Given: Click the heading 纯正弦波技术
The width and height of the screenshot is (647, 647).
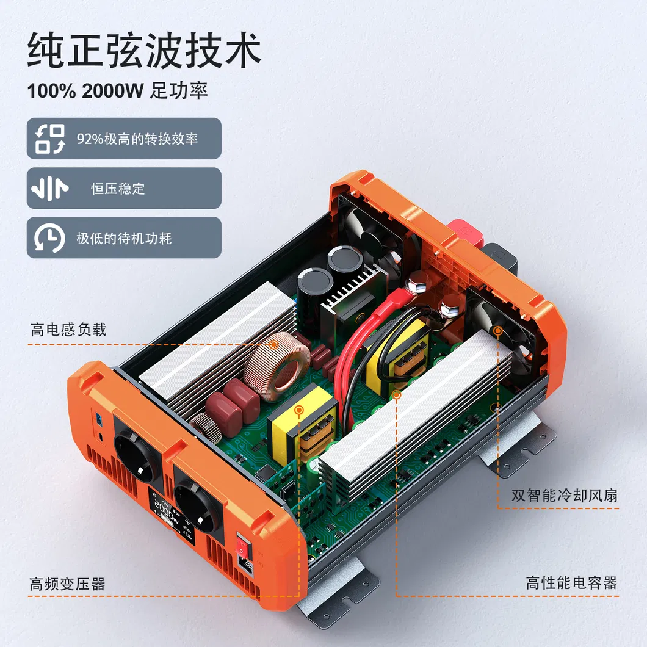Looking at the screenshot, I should (x=144, y=50).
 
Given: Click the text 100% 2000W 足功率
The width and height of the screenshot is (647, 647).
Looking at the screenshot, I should (x=117, y=91).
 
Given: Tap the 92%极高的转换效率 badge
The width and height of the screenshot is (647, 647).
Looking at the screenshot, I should (x=124, y=139).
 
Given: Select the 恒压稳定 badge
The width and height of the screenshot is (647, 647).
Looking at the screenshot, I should (x=124, y=188).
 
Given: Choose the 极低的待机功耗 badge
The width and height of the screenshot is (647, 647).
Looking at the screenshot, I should (x=124, y=237).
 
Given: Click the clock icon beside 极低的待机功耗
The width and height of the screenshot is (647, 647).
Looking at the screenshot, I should (x=49, y=237).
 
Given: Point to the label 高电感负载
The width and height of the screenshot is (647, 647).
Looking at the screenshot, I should (x=68, y=330).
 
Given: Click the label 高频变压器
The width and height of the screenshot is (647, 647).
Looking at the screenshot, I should (x=67, y=584).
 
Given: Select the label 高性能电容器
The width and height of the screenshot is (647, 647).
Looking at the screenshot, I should (x=571, y=583).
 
